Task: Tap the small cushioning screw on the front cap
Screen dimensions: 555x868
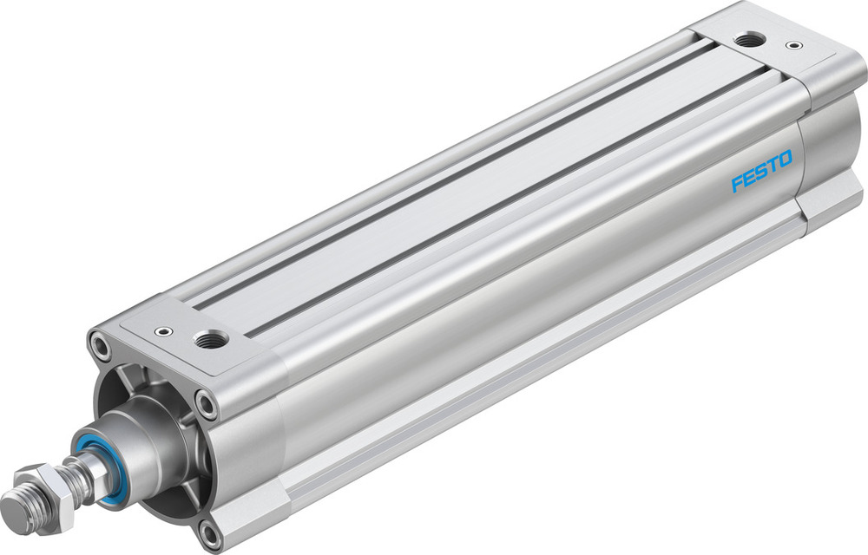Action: pos(162,330)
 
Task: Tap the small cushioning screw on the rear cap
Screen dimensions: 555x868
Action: pos(791,44)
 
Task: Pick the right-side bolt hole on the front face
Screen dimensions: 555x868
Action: pos(205,401)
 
